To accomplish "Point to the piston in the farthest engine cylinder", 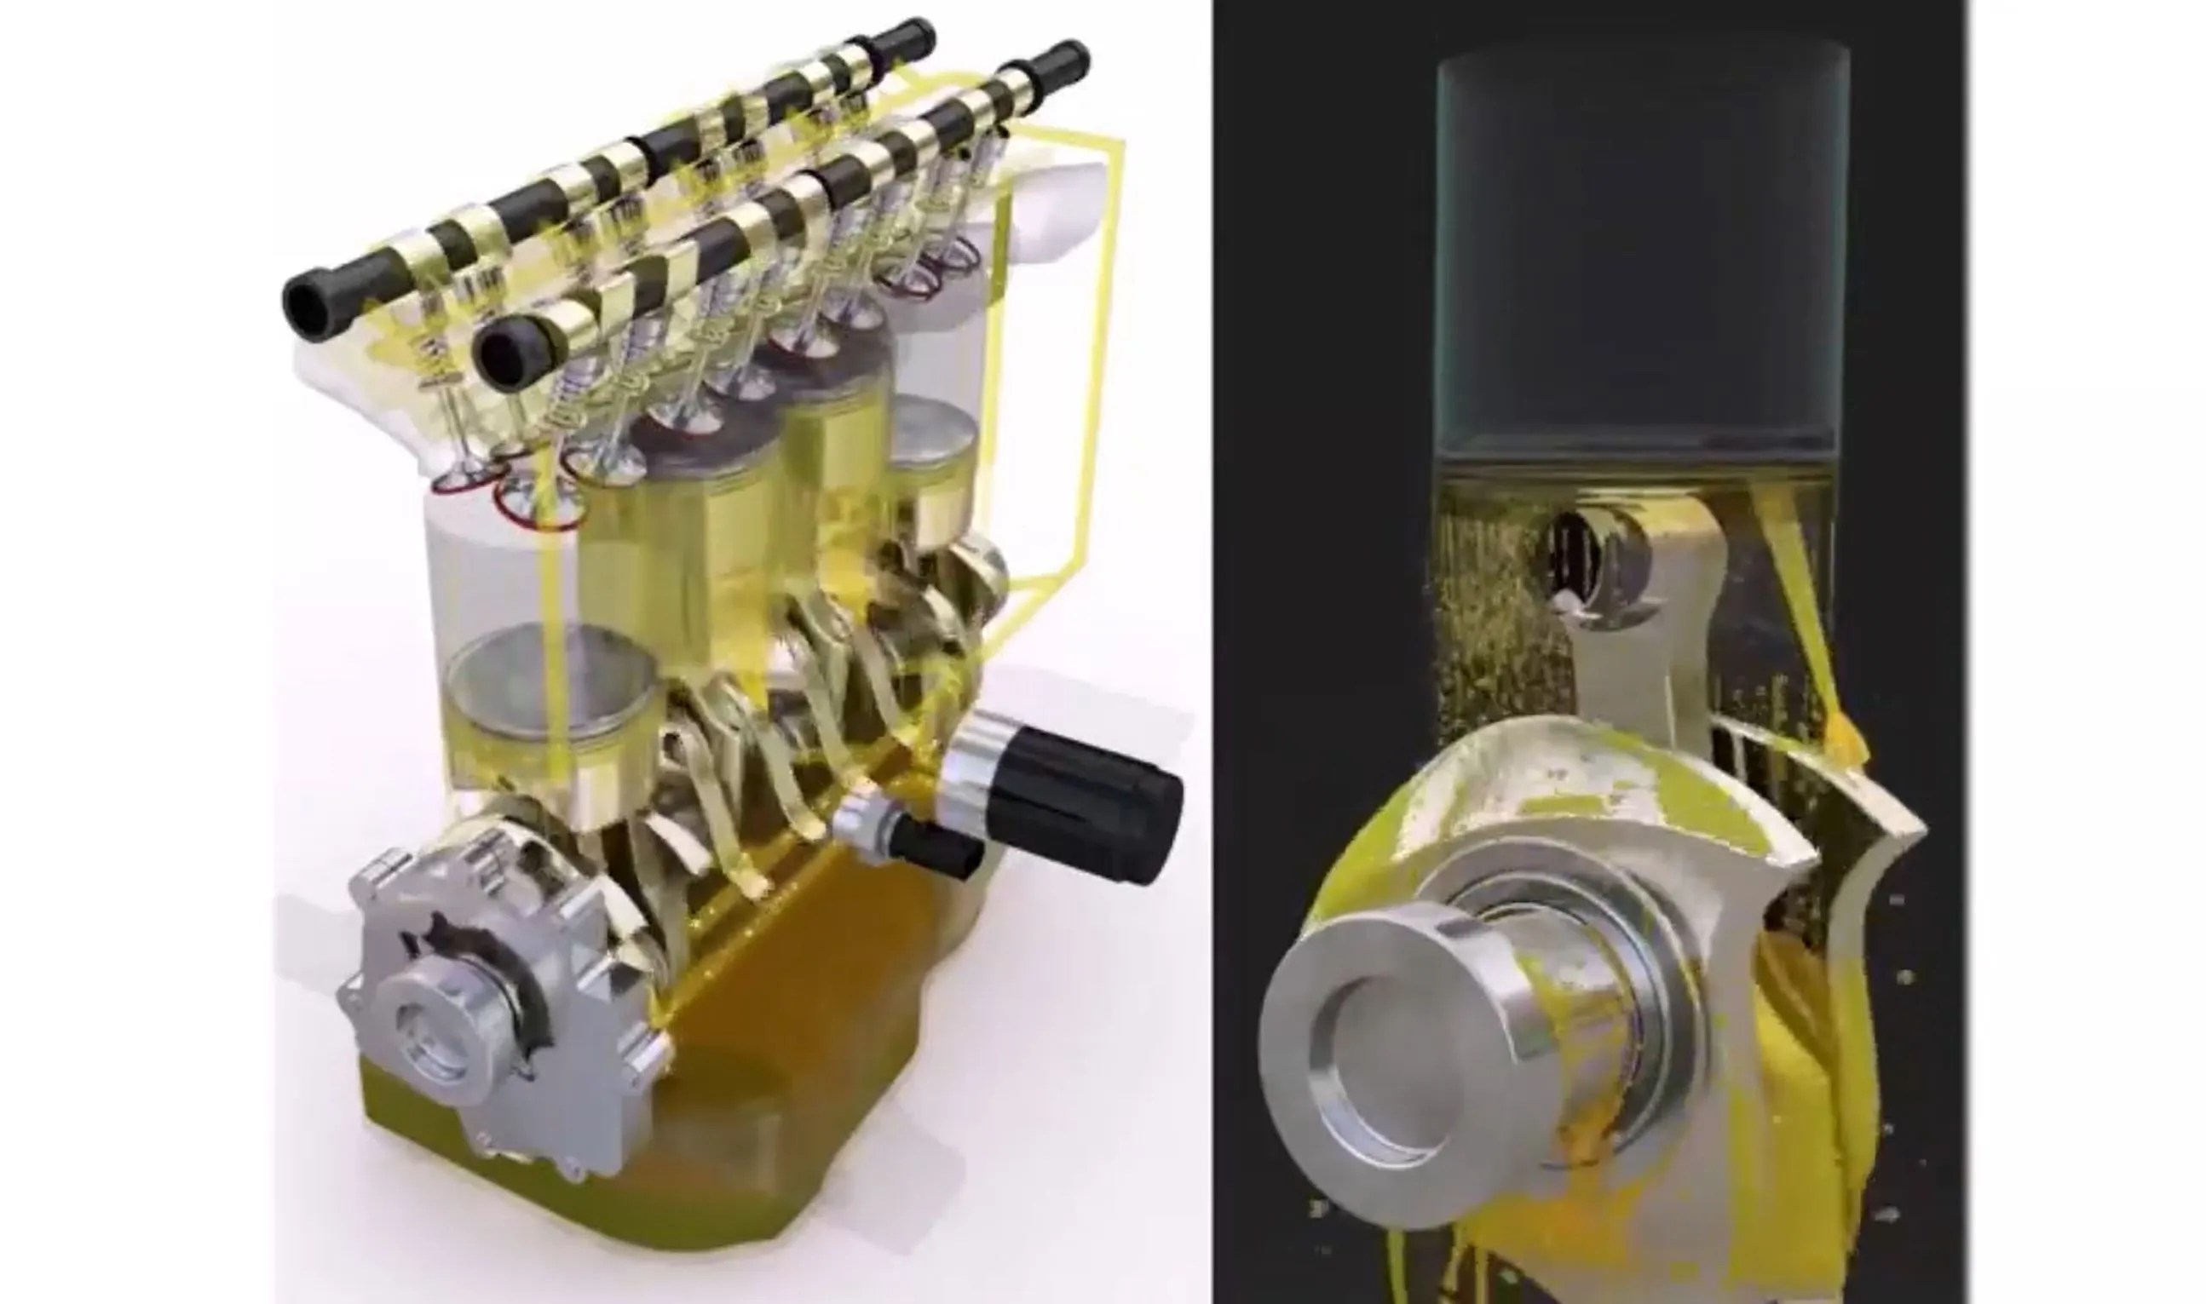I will [x=931, y=466].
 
